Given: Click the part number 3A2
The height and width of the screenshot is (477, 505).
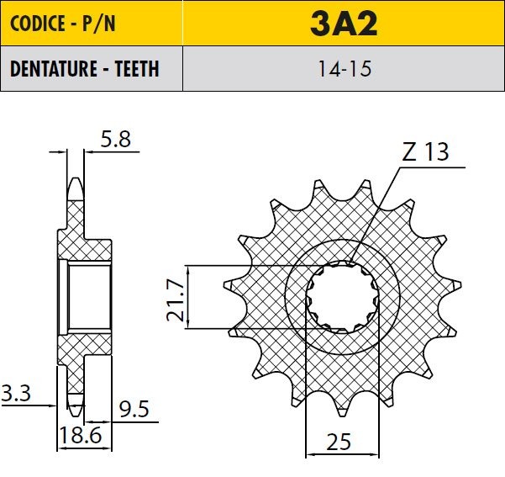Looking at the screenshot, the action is click(x=344, y=24).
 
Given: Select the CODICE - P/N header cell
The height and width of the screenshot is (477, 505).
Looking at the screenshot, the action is click(x=92, y=23).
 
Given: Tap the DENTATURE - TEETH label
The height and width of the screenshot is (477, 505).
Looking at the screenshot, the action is click(x=84, y=68).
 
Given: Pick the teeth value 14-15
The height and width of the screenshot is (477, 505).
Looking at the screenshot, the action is click(x=345, y=69).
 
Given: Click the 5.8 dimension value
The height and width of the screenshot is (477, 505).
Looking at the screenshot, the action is click(x=116, y=140).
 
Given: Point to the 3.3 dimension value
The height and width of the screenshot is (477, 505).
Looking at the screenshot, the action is click(x=16, y=393).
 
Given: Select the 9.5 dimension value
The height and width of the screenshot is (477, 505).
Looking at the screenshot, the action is click(x=134, y=409).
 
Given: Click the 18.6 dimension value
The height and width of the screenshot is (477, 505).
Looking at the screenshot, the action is click(x=81, y=435).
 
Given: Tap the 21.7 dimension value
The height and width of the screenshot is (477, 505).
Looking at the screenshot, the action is click(x=176, y=300).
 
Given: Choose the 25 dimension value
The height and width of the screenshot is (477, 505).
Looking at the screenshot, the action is click(x=339, y=442).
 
